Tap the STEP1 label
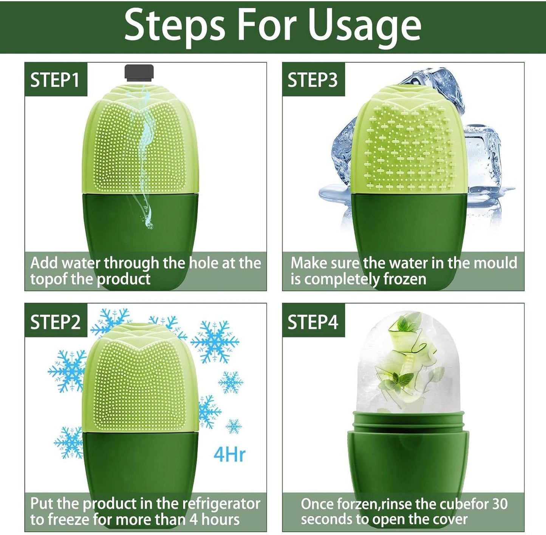[55, 80]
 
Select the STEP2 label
[55, 322]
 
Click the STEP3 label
[312, 80]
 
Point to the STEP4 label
[312, 322]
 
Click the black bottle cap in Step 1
[139, 73]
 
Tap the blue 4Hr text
[229, 454]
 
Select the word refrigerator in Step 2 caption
[221, 504]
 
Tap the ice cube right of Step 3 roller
[482, 159]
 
